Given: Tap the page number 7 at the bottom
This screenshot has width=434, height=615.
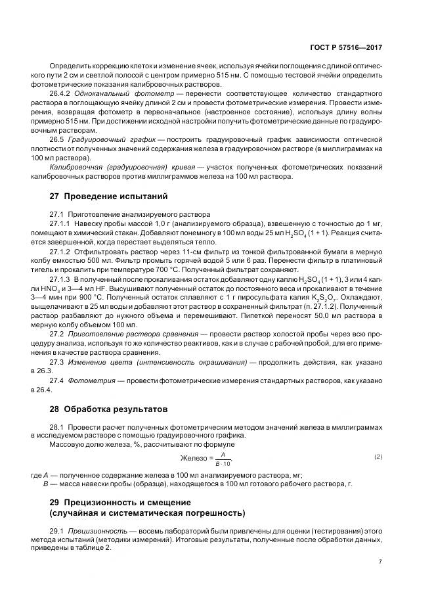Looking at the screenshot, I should click(x=380, y=562).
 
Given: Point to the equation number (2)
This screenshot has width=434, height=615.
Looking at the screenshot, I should click(x=378, y=456).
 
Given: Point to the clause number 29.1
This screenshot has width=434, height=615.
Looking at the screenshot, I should click(x=57, y=530).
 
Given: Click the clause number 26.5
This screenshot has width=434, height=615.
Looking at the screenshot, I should click(x=57, y=139).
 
